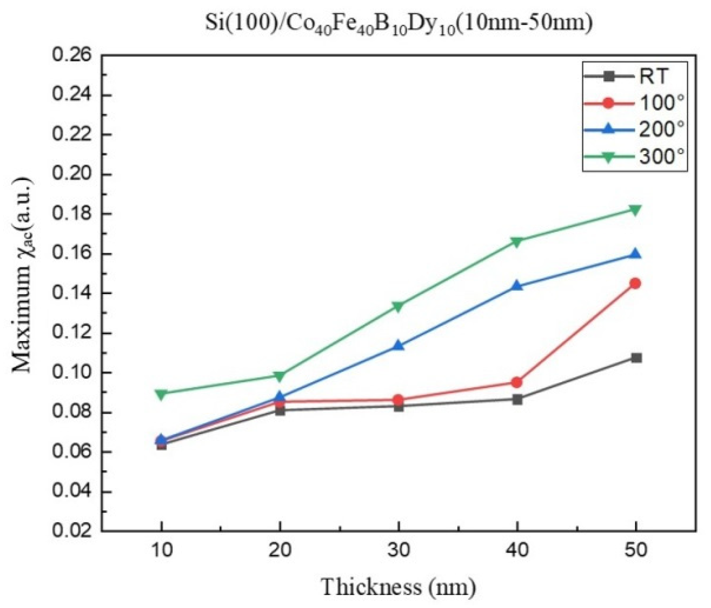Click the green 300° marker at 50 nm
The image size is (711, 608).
[635, 210]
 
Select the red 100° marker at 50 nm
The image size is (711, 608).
[635, 283]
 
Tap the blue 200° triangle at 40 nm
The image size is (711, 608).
[517, 285]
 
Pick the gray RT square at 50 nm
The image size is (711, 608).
[636, 358]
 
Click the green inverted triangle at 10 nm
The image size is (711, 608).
[161, 394]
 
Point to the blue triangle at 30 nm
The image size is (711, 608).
[399, 345]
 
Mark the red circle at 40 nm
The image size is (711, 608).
[517, 382]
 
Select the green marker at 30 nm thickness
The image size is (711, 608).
[398, 307]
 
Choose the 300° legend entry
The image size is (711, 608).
[634, 157]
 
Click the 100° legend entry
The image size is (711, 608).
[634, 103]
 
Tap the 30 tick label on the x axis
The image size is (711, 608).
[398, 551]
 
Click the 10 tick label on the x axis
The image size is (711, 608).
[161, 551]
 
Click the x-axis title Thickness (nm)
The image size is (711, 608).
[398, 586]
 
